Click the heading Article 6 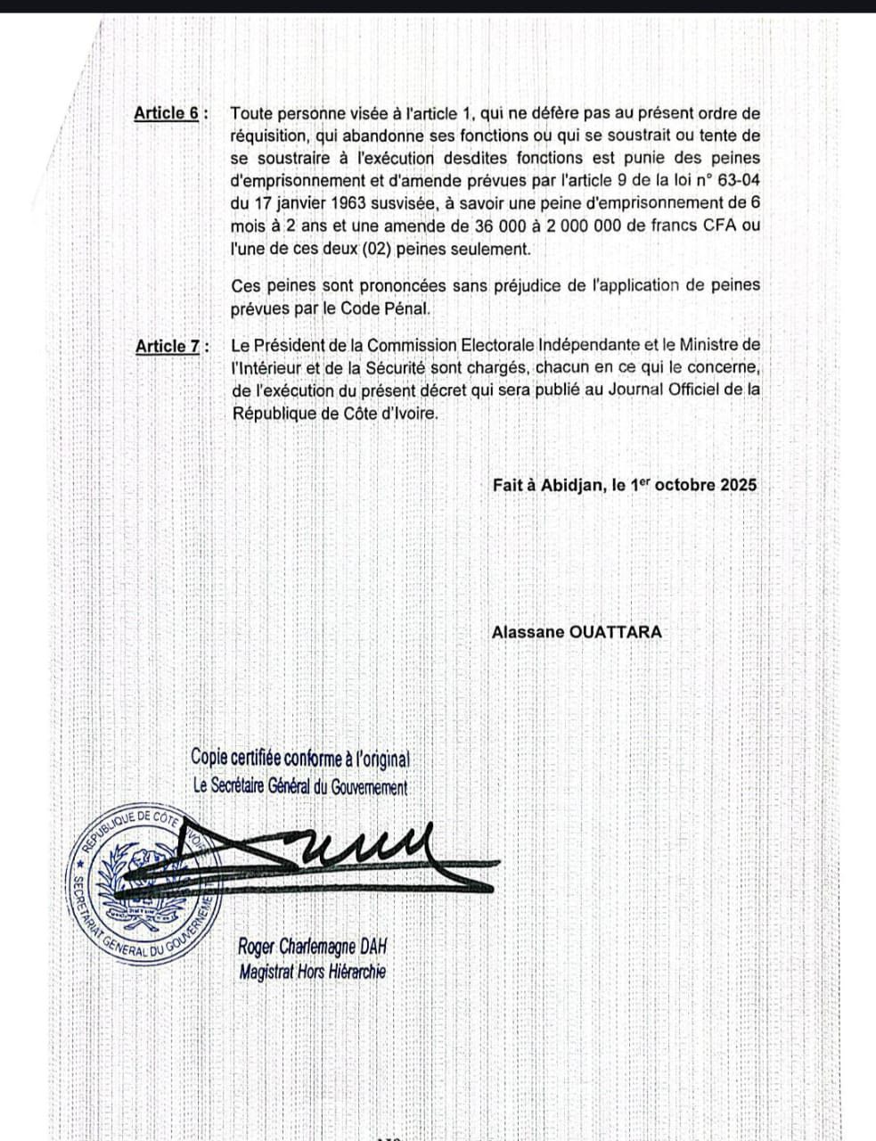[167, 113]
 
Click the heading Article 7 [168, 345]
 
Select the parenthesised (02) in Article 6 [368, 250]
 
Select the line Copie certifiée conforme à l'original [300, 759]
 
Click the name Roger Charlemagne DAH [314, 947]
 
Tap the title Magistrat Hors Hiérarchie [313, 972]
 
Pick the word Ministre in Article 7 [710, 344]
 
